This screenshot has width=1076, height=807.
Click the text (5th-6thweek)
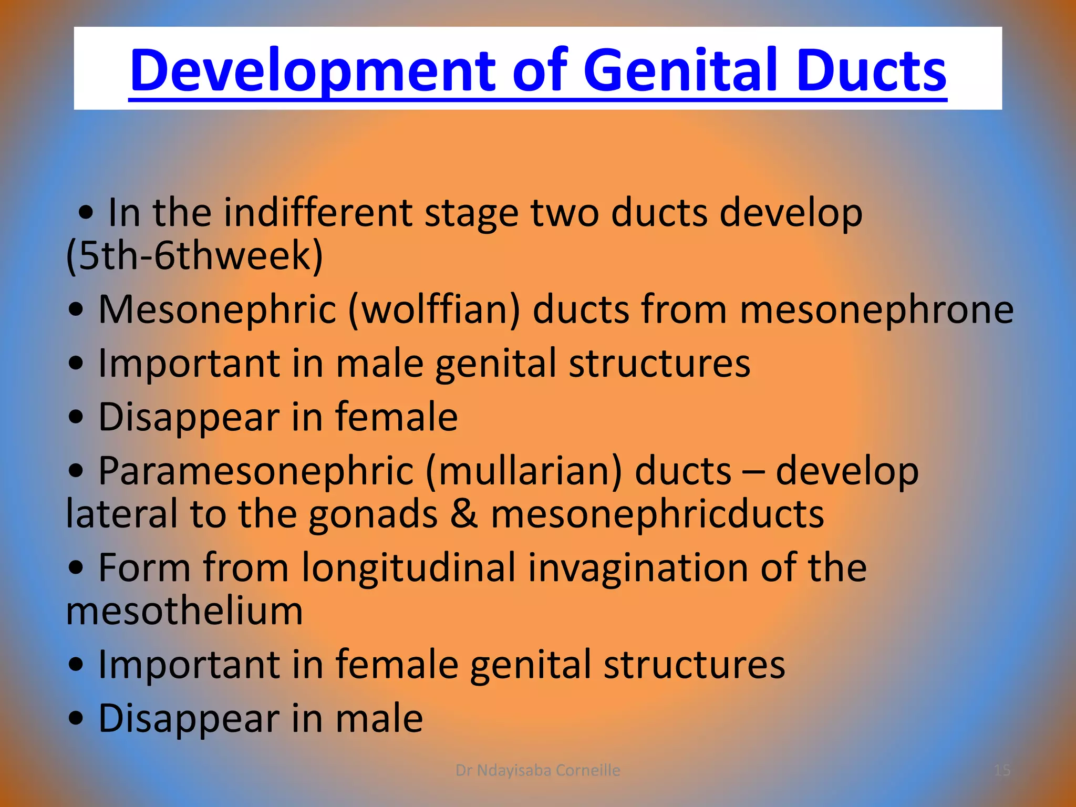click(194, 255)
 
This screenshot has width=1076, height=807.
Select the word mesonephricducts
click(657, 514)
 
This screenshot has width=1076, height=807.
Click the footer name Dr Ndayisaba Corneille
click(537, 770)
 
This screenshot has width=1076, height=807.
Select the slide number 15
click(1002, 770)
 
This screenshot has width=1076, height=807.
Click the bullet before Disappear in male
click(76, 719)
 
